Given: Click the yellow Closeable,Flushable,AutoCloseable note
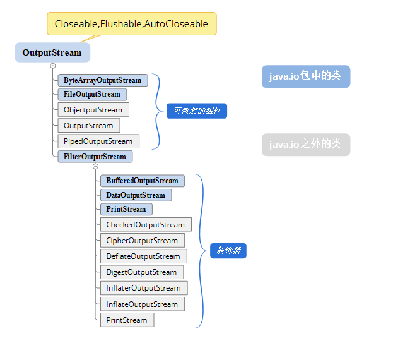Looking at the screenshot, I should tap(131, 24).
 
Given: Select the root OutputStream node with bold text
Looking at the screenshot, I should tap(52, 52).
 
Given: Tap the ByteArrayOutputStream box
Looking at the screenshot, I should tap(103, 80).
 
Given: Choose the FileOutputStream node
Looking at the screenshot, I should tap(92, 94).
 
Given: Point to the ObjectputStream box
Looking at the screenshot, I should tap(93, 110).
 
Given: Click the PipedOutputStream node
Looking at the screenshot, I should tap(98, 141).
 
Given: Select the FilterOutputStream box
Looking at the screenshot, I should tap(95, 156).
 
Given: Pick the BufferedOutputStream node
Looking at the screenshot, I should tap(142, 181).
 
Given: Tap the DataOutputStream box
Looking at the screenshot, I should tap(136, 195).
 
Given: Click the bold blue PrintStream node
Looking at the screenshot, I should tap(126, 209).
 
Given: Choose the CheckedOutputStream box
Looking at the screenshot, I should tap(145, 225).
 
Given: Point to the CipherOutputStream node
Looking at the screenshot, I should tap(142, 241).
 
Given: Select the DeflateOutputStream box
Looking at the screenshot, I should tap(143, 256).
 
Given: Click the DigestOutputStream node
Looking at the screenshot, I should tap(141, 272).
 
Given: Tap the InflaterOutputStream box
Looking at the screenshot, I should tap(143, 288).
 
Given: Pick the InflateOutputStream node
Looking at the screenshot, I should tap(142, 304).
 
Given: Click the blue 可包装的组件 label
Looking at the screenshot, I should tap(196, 111).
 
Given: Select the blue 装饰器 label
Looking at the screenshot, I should tap(228, 251).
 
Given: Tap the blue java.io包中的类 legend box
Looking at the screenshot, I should tap(305, 76).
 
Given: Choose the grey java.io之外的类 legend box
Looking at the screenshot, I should tap(305, 145).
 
